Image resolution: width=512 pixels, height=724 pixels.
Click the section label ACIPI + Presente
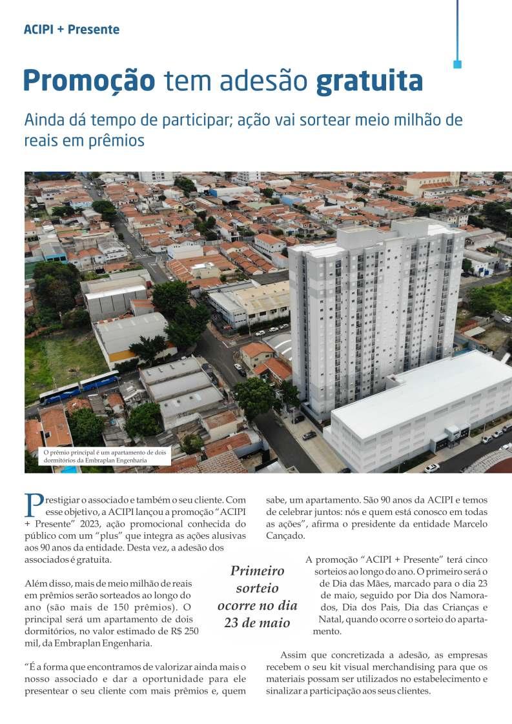point(71,29)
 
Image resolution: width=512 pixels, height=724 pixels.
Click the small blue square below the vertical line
point(457,65)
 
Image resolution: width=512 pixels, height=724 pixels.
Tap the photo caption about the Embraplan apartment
point(104,456)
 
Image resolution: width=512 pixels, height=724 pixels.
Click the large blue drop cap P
point(32,504)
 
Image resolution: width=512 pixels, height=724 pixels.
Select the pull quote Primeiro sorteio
point(257,579)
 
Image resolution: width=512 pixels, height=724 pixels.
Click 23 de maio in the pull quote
point(257,623)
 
